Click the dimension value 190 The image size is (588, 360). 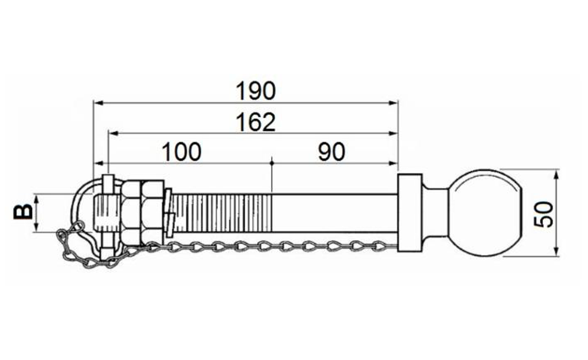(255, 91)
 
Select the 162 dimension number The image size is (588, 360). (255, 122)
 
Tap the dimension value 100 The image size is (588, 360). (182, 152)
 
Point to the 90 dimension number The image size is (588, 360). (332, 152)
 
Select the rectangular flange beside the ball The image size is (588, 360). (410, 213)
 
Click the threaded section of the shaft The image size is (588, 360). (223, 213)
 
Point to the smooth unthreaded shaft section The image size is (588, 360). (335, 213)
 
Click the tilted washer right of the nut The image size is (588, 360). (169, 213)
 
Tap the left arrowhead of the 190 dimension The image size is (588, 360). (98, 103)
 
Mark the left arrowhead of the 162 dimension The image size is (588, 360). (112, 134)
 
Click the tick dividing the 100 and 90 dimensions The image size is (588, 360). (272, 163)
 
